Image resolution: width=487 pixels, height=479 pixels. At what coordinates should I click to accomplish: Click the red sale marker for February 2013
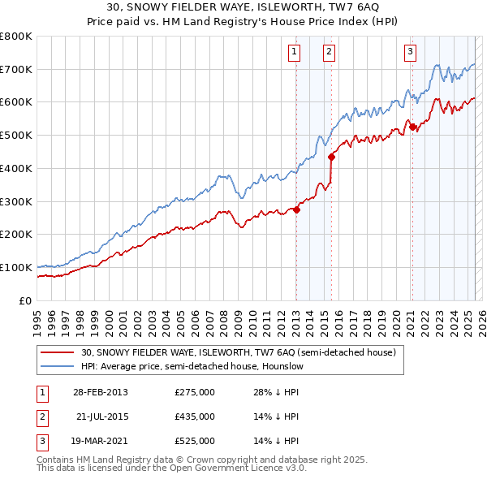point(296,209)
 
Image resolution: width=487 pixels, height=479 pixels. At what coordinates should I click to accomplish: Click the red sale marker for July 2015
point(331,157)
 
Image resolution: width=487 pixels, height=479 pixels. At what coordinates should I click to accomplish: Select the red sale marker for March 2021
point(412,127)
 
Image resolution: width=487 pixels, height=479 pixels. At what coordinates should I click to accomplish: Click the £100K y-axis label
point(16,267)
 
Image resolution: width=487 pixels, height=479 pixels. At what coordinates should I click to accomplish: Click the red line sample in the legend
point(57,353)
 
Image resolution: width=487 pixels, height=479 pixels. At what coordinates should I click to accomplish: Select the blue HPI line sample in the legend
point(57,367)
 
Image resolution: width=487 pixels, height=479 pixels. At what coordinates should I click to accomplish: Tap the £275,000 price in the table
point(195,392)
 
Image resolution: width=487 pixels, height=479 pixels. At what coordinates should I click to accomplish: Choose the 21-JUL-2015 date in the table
point(101,416)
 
